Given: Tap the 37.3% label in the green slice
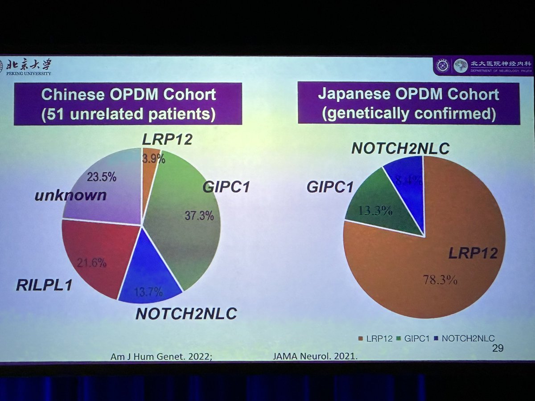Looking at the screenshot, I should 199,216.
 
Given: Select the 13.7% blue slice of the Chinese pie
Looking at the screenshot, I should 150,276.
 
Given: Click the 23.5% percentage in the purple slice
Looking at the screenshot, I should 102,177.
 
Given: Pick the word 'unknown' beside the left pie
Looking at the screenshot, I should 71,195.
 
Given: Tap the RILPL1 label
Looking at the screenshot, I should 44,285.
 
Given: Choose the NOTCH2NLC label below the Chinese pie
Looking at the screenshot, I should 186,314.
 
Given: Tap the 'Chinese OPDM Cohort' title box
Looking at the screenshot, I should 128,103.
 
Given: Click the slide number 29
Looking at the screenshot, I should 498,348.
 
